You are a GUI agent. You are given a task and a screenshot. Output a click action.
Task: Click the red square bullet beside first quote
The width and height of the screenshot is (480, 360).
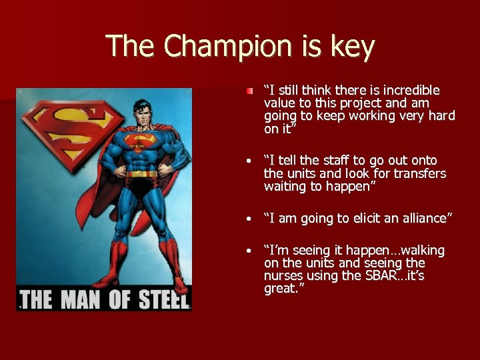pos(248,90)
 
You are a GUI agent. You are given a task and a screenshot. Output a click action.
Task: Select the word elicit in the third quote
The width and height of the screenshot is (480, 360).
pos(355,219)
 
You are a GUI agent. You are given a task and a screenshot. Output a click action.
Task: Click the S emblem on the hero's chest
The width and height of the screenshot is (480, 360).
pos(141,141)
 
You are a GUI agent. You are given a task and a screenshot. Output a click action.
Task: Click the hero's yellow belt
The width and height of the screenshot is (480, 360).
pos(142,175)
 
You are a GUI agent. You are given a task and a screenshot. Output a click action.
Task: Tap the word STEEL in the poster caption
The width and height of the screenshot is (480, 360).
pos(163,299)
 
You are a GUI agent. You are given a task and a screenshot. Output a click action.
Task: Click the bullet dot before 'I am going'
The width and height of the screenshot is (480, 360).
pos(248,219)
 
